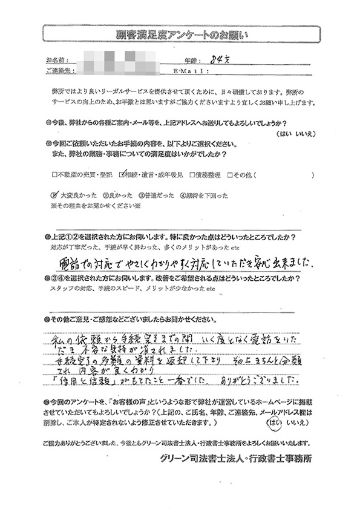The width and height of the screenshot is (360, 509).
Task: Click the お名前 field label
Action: (57, 61)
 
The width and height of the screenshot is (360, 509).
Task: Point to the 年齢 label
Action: (191, 61)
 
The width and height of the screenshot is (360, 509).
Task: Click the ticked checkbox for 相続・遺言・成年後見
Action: (122, 175)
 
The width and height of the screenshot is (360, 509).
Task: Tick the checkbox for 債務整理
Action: (191, 176)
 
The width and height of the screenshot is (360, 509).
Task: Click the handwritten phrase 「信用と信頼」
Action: (85, 380)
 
